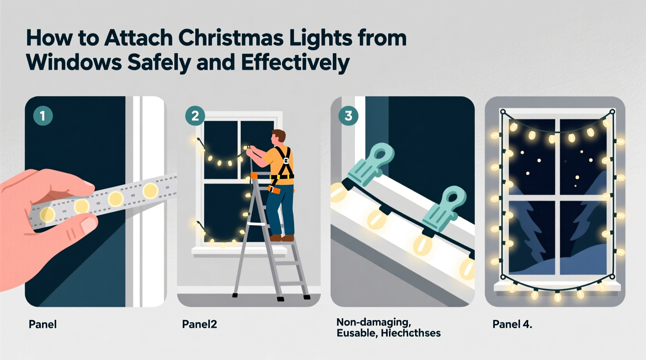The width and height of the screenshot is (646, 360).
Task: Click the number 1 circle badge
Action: pos(43,116)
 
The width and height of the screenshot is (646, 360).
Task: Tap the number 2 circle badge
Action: pos(195,116)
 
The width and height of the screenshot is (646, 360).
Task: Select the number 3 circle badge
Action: pos(348,116)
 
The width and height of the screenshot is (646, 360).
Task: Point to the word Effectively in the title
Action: pos(295,62)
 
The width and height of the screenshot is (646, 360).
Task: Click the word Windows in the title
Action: pos(74,62)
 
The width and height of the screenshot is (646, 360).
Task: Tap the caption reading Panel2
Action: pos(200,324)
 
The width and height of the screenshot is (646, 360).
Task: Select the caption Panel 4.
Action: pos(512,324)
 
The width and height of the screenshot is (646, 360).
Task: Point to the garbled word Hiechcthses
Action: pos(411,333)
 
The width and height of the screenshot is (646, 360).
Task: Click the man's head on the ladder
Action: pos(279,137)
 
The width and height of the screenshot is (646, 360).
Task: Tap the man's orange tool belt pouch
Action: pos(275,190)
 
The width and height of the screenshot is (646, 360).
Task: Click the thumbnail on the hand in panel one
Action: pos(89,224)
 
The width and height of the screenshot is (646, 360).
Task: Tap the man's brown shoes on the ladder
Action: pos(281,237)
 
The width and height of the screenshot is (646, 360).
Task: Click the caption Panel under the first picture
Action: pos(43,324)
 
